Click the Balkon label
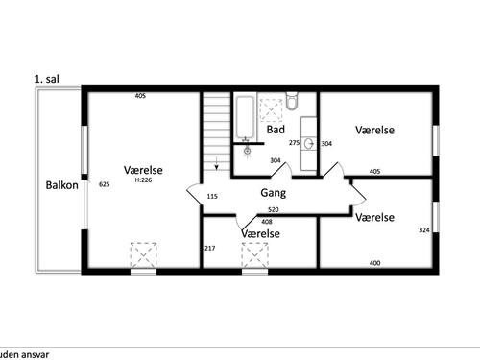click(61, 185)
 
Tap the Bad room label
click(276, 130)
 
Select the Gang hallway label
click(274, 193)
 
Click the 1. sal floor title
click(47, 79)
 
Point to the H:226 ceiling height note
click(143, 180)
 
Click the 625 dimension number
click(105, 184)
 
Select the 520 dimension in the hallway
click(274, 210)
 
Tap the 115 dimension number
click(212, 196)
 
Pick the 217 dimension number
click(210, 248)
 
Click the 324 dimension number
click(424, 230)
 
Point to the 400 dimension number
click(374, 263)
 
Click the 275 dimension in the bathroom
click(294, 143)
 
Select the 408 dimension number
click(267, 222)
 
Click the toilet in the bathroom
click(292, 101)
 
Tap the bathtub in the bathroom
click(246, 116)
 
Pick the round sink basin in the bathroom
click(309, 144)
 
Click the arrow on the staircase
click(217, 163)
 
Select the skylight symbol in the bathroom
click(271, 110)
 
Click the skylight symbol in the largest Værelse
click(143, 255)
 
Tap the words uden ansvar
click(24, 354)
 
